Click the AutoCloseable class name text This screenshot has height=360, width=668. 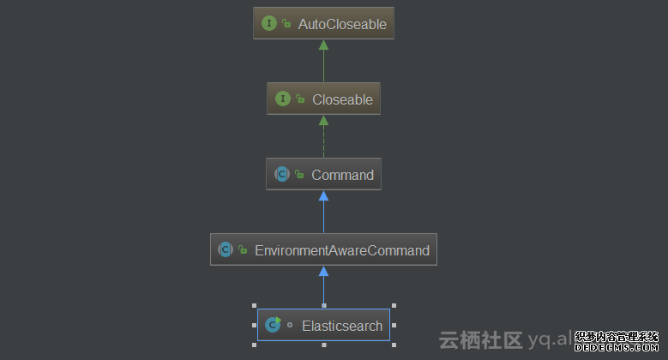tap(342, 24)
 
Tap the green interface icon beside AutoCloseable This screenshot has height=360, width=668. tap(269, 24)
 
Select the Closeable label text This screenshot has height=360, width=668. tap(342, 99)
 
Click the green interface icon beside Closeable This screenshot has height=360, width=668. tap(283, 99)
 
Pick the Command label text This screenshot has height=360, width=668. tap(342, 175)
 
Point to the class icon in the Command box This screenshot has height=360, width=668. tap(281, 175)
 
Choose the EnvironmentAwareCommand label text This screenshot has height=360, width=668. tap(342, 250)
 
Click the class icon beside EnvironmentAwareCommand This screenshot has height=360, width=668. tap(226, 250)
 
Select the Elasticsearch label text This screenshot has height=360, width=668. tap(342, 326)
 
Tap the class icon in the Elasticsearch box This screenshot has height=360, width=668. tap(273, 325)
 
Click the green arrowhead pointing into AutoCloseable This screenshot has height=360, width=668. tap(323, 45)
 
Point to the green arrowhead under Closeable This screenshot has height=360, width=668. tap(323, 120)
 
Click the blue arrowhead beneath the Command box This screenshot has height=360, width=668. tap(323, 195)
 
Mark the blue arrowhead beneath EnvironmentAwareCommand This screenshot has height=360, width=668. tap(323, 271)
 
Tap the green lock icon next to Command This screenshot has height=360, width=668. tap(299, 175)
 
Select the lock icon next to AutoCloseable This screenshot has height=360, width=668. tap(286, 24)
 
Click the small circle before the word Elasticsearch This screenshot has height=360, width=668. tap(290, 326)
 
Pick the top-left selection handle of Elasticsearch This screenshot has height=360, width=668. tap(254, 306)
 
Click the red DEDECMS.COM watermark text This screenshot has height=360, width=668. tap(616, 348)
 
